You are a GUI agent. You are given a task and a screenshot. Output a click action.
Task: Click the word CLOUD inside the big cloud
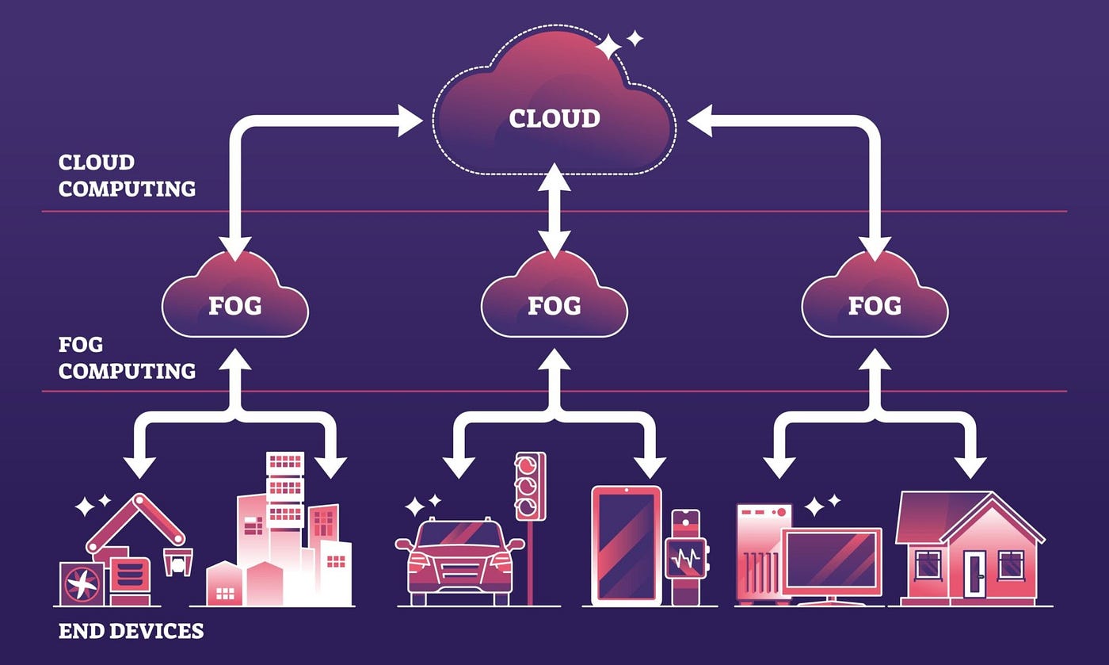point(554,119)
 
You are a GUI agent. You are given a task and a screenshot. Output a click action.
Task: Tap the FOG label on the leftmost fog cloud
point(234,306)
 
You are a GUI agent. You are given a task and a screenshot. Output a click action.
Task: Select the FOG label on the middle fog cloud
point(554,306)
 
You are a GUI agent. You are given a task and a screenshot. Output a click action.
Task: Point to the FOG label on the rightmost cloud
point(875,306)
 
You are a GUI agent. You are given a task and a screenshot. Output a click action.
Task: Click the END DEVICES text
point(131,631)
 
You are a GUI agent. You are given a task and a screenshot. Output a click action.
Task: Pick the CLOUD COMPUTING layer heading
point(127,176)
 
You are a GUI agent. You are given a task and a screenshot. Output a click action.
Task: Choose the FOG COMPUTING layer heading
point(127,357)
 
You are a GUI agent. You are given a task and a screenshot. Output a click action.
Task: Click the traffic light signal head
point(530,486)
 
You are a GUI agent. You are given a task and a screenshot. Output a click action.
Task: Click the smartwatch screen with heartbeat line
point(686,559)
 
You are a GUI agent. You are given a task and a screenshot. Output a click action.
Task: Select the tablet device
point(627,545)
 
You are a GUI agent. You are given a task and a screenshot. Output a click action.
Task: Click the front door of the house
point(974,574)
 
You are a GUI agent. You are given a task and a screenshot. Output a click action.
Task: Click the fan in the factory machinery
point(82,583)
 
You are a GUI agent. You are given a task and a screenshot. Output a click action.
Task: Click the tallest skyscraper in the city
point(284,526)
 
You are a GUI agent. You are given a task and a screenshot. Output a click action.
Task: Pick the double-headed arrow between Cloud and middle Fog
point(554,210)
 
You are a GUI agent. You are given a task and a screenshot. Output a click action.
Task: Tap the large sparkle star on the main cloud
point(608,47)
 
